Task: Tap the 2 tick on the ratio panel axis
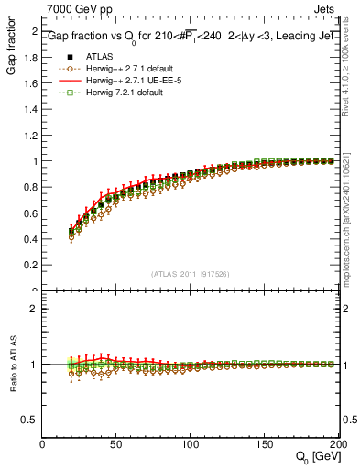pos(35,309)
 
